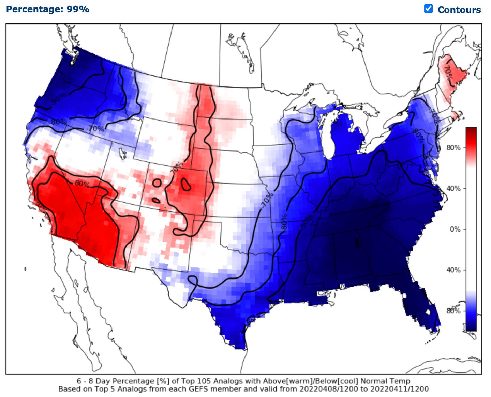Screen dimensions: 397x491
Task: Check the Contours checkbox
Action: (x=428, y=9)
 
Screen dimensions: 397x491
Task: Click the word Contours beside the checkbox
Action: (x=459, y=10)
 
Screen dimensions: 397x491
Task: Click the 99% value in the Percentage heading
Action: (x=78, y=9)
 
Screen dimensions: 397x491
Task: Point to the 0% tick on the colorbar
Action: (x=455, y=229)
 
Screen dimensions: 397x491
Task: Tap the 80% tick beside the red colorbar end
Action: (x=453, y=148)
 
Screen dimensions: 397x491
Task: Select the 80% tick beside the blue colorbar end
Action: (x=453, y=311)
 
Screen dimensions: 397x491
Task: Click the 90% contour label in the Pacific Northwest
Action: (x=59, y=99)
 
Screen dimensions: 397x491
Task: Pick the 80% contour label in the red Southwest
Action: (x=82, y=184)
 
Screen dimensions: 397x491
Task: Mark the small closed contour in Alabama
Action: (x=357, y=243)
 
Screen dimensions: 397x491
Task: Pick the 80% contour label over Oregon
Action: (x=59, y=122)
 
